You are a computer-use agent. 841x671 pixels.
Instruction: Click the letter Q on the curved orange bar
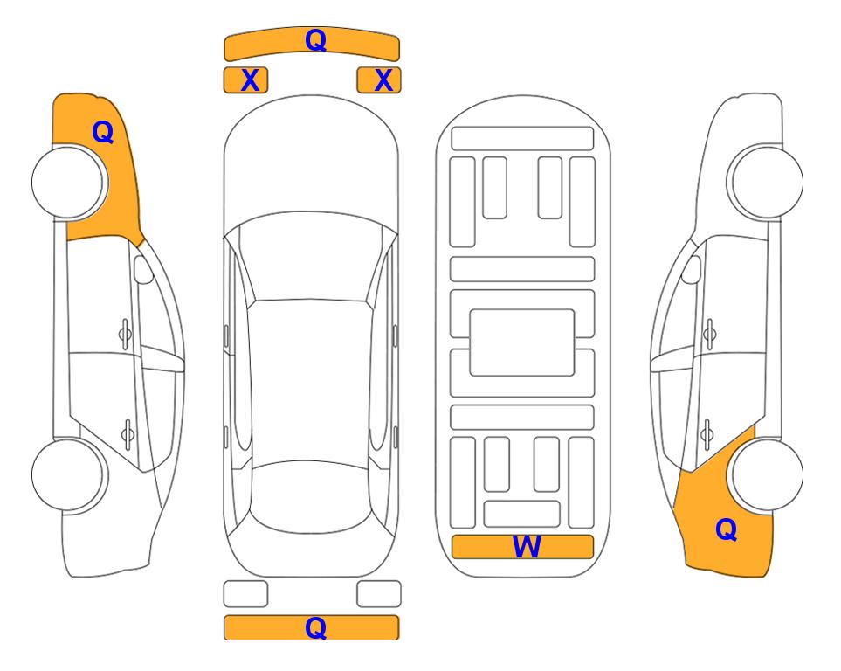[316, 40]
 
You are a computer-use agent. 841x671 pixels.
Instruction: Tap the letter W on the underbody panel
[526, 547]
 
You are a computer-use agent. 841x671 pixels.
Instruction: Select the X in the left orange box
[250, 80]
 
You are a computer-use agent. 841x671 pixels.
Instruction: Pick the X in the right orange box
[383, 80]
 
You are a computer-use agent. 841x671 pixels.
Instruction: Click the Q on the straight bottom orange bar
[316, 627]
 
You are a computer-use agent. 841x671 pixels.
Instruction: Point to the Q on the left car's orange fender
[103, 132]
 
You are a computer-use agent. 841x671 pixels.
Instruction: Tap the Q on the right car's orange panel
[727, 529]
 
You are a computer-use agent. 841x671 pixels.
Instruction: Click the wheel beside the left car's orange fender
[69, 182]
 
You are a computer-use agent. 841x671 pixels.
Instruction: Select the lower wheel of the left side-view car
[69, 474]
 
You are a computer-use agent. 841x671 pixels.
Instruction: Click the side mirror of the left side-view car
[143, 269]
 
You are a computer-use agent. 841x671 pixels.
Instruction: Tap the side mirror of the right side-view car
[691, 269]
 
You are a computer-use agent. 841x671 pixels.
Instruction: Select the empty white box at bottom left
[245, 594]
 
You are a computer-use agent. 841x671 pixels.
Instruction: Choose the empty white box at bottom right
[379, 594]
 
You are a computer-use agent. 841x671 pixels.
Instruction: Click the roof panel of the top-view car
[309, 382]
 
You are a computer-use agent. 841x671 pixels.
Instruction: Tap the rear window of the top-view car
[311, 496]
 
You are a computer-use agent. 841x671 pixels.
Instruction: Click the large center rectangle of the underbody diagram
[522, 342]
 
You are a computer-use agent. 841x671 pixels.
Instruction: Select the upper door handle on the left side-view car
[125, 334]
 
